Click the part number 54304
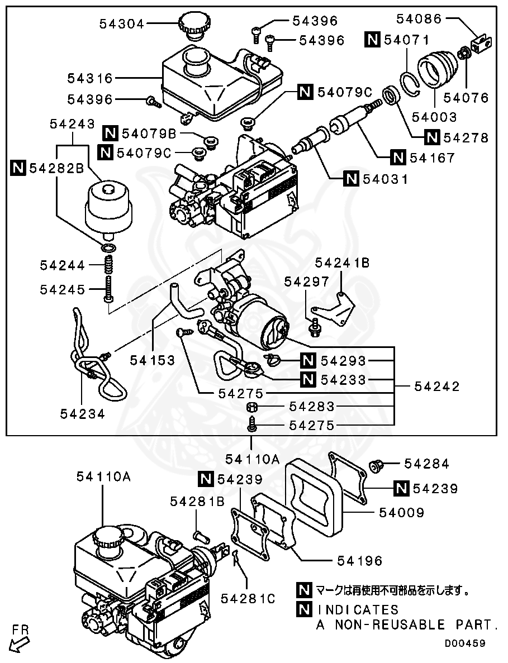coord(122,23)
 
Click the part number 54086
coord(419,18)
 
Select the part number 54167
coord(432,158)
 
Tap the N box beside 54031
coord(351,179)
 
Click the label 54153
coord(153,360)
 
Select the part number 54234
coord(83,413)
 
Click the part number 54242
coord(437,387)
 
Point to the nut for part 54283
coord(252,406)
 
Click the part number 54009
coord(401,512)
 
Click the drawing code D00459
coord(464,643)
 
